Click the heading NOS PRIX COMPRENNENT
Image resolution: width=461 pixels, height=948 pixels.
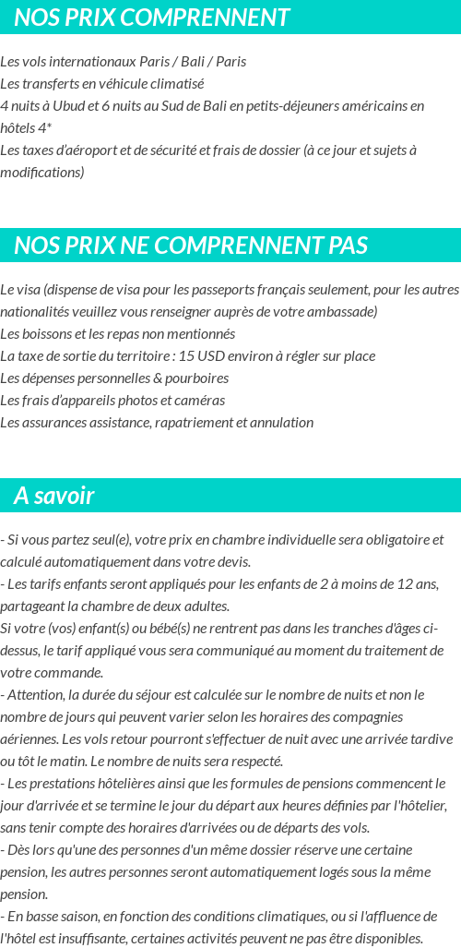pos(152,18)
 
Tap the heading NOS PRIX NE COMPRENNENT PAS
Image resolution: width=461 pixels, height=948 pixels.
pos(191,246)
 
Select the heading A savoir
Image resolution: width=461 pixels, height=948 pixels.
pos(54,496)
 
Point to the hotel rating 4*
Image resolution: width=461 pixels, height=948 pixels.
pos(42,127)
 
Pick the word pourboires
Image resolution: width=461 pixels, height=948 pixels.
pos(197,378)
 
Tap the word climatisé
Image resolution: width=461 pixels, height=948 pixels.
pos(172,83)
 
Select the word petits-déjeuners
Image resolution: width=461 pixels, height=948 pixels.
pos(291,105)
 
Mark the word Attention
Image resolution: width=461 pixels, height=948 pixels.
pos(34,694)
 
